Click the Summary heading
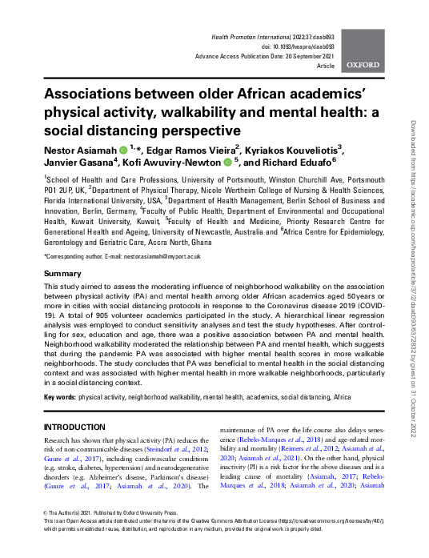pos(62,274)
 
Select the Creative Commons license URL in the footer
pos(344,519)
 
